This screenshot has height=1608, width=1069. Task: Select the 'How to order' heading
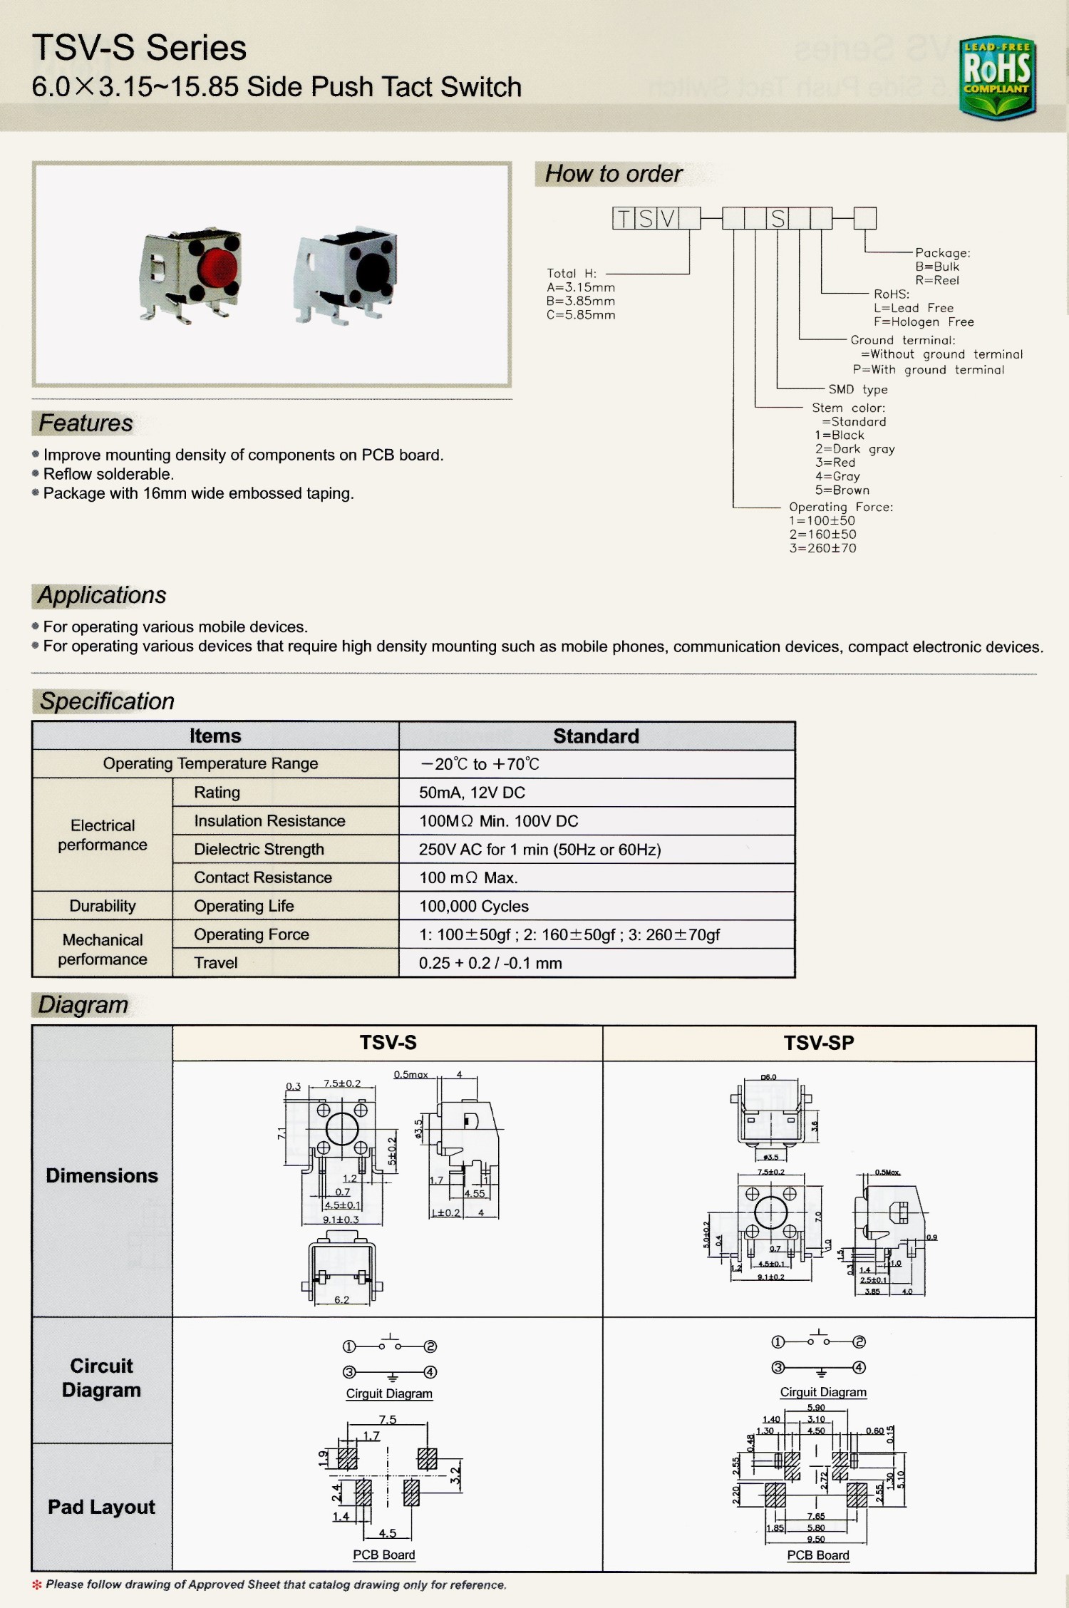pyautogui.click(x=613, y=174)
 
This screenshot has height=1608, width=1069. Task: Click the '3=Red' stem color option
pyautogui.click(x=835, y=463)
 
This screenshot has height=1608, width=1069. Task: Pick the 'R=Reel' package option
pyautogui.click(x=936, y=280)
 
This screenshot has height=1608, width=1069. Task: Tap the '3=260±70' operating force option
pyautogui.click(x=822, y=548)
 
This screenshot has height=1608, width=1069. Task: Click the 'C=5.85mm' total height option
pyautogui.click(x=580, y=315)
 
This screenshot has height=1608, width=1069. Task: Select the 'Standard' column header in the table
pyautogui.click(x=596, y=736)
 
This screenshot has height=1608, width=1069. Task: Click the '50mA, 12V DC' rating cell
pyautogui.click(x=472, y=793)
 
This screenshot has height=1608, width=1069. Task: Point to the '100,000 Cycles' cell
pyautogui.click(x=473, y=906)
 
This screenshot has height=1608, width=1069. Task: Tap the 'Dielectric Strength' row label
pyautogui.click(x=259, y=849)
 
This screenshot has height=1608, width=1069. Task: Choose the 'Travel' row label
pyautogui.click(x=215, y=963)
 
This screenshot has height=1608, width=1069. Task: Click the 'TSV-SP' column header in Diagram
pyautogui.click(x=818, y=1043)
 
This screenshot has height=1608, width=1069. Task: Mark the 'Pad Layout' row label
pyautogui.click(x=101, y=1507)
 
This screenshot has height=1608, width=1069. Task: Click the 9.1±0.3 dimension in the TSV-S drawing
pyautogui.click(x=341, y=1220)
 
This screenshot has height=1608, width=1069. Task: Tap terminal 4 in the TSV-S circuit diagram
pyautogui.click(x=430, y=1372)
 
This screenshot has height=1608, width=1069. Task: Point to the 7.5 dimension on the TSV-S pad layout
pyautogui.click(x=387, y=1420)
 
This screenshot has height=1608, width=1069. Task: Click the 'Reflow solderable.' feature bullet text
pyautogui.click(x=108, y=474)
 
